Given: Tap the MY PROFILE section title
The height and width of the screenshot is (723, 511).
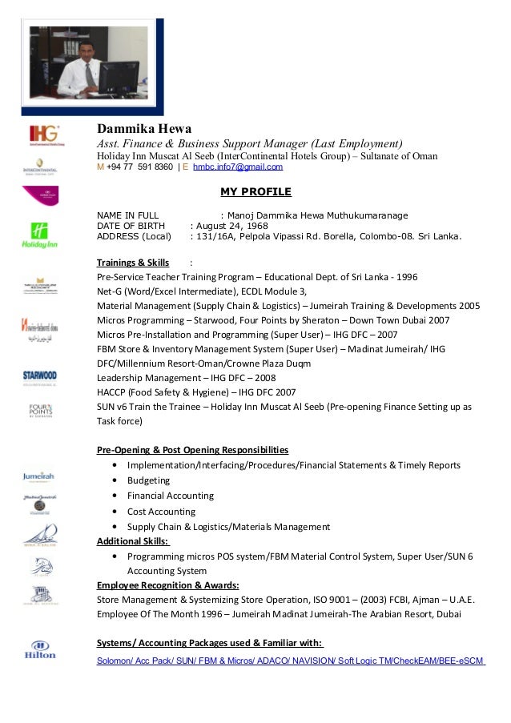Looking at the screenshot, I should tap(255, 191).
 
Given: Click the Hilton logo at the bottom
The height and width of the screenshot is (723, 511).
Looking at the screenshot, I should tap(40, 649).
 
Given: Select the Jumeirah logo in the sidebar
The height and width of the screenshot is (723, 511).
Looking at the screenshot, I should tap(39, 476).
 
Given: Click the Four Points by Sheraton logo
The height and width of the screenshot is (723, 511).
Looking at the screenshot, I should tap(40, 411).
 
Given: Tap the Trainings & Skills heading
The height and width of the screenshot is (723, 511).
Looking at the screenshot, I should tap(133, 263).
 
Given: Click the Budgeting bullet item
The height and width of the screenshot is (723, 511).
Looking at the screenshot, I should tap(148, 480).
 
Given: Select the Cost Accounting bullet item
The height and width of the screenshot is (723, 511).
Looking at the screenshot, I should tap(161, 512).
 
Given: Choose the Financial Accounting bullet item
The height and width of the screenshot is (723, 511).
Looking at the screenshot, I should tap(170, 496).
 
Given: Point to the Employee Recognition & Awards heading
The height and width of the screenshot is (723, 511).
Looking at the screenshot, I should tap(167, 585).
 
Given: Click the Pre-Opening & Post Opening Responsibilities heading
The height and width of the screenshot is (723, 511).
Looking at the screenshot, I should tap(192, 450).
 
